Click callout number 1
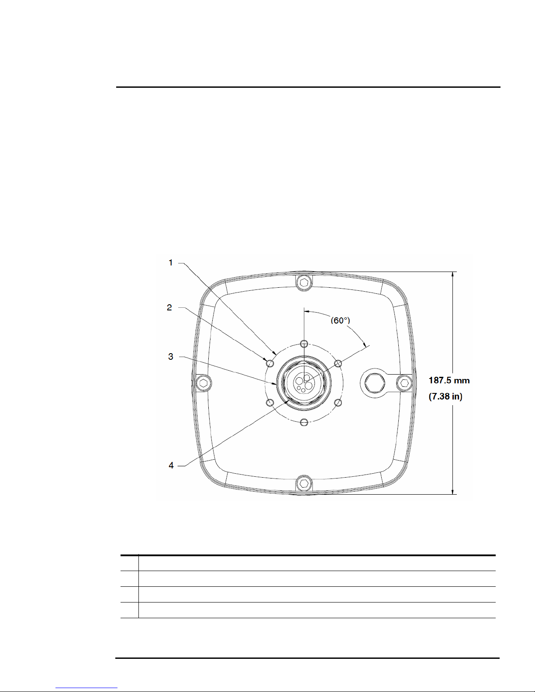point(171,263)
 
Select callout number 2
point(169,308)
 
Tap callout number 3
point(171,357)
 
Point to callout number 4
point(171,465)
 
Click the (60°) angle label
point(340,320)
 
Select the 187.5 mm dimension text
point(449,380)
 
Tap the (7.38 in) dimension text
point(445,396)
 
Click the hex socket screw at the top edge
point(304,282)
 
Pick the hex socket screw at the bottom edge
point(304,484)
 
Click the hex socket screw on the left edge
point(204,383)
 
